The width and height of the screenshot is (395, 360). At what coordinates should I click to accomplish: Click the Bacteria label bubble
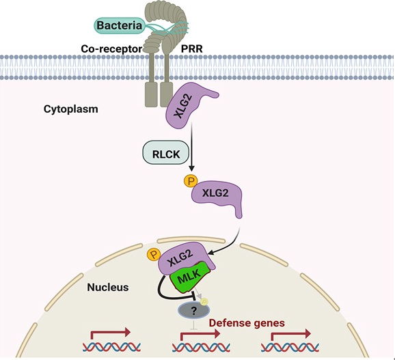[x=120, y=25]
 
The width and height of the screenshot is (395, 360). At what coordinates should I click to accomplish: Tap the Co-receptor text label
[x=111, y=49]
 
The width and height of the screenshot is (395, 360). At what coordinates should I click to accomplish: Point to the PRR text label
[x=192, y=49]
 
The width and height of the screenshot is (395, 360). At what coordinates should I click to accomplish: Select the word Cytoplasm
[x=71, y=109]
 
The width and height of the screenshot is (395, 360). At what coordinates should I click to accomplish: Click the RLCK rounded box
[x=166, y=152]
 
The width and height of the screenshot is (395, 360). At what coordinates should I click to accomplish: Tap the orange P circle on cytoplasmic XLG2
[x=191, y=181]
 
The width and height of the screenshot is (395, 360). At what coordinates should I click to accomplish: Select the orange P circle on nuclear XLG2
[x=153, y=255]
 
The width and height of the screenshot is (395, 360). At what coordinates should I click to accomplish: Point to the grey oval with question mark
[x=193, y=311]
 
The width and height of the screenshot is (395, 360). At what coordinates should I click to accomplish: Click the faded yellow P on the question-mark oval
[x=204, y=301]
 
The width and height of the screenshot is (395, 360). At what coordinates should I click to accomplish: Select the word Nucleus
[x=108, y=287]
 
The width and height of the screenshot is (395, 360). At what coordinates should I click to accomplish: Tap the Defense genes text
[x=247, y=322]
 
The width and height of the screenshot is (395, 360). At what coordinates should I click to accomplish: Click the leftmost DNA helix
[x=111, y=347]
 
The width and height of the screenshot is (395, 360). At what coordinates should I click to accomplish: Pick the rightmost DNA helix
[x=290, y=347]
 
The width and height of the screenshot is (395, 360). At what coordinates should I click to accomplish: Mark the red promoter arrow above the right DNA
[x=290, y=334]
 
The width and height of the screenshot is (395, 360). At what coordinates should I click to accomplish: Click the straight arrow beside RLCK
[x=192, y=146]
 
